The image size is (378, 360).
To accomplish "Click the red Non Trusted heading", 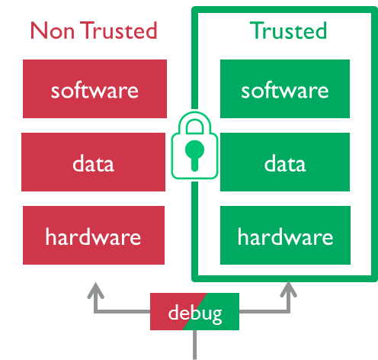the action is [94, 31].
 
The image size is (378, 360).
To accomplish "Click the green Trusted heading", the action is [288, 31].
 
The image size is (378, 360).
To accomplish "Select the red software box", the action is [94, 88].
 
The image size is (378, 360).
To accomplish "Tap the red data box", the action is [93, 162].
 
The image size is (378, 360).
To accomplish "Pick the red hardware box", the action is [94, 235].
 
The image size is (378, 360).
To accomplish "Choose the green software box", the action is [285, 88].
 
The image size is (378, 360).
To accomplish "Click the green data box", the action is [285, 162].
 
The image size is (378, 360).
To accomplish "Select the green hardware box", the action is [285, 235].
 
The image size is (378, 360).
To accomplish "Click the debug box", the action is [194, 311].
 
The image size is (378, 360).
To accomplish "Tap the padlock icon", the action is [194, 146].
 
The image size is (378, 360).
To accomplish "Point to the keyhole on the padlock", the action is [194, 155].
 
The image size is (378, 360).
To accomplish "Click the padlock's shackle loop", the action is [194, 122].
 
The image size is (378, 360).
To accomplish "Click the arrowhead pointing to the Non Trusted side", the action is [95, 290].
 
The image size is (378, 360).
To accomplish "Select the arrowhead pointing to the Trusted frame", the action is [288, 289].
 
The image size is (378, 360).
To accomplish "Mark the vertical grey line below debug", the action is [194, 345].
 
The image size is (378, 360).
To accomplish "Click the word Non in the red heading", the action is [53, 31].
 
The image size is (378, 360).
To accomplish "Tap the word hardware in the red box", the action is [93, 237].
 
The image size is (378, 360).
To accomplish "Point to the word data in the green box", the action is [285, 163].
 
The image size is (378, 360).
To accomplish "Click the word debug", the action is [195, 314].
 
